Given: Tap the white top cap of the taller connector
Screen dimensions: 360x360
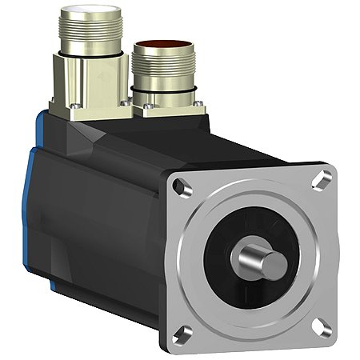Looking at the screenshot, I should coord(86,14).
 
